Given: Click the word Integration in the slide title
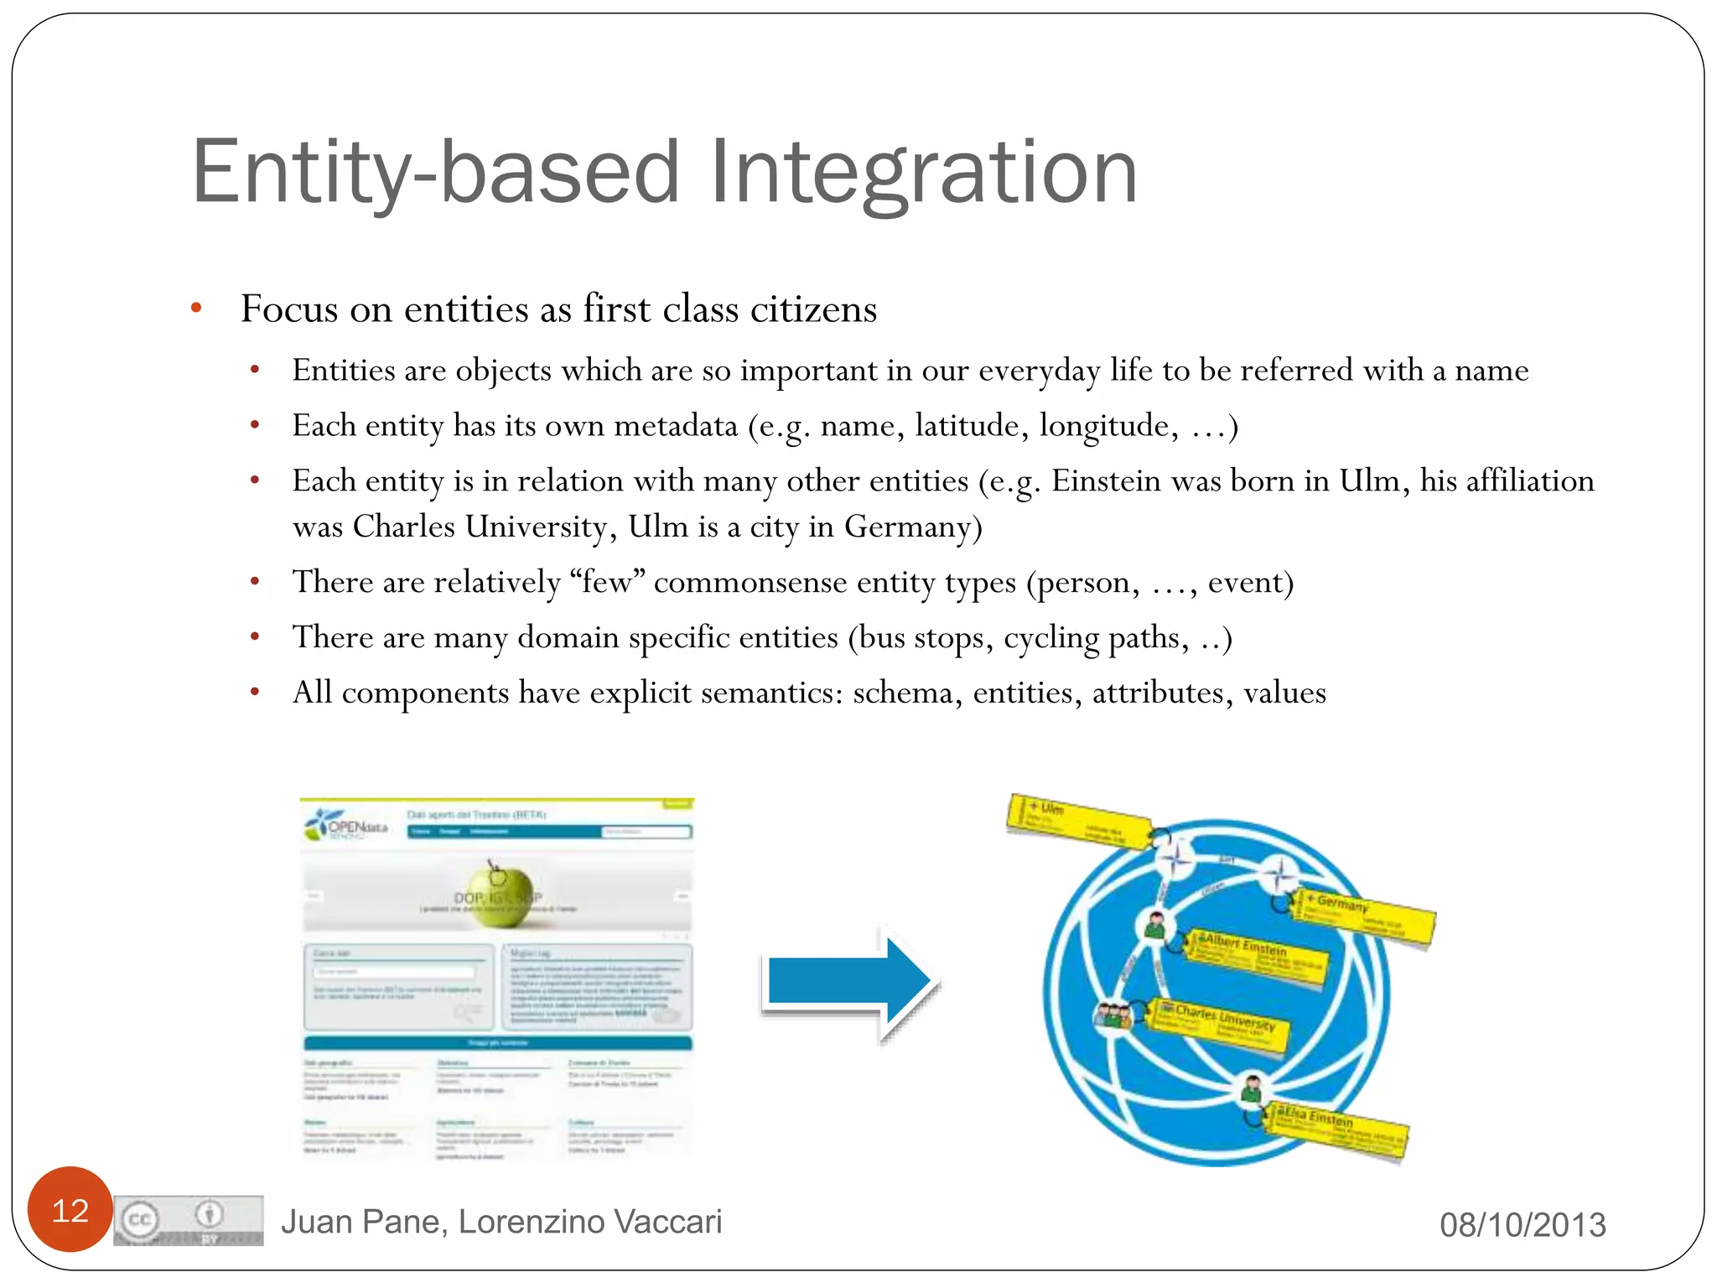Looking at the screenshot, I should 924,173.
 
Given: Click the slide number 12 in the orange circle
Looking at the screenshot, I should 70,1210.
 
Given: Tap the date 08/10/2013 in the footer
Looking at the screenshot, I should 1522,1225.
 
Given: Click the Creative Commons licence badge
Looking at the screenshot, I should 189,1220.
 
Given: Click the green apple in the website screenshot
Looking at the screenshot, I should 501,896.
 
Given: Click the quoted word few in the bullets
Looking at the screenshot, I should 606,582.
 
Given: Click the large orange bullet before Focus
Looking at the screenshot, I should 196,309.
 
